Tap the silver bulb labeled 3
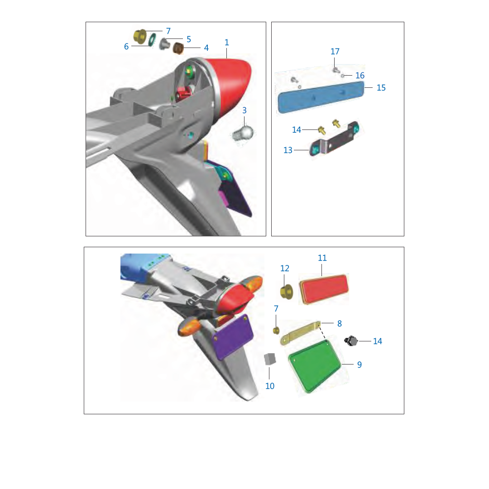244,134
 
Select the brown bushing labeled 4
178,48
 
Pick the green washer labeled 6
153,40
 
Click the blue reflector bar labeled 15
321,97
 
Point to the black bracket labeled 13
334,139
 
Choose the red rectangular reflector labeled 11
324,288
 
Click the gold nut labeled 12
286,292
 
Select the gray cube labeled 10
270,359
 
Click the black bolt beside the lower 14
351,341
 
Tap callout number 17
335,52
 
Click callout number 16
360,76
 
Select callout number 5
189,39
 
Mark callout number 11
322,258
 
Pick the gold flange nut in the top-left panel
140,37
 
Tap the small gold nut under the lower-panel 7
276,330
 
